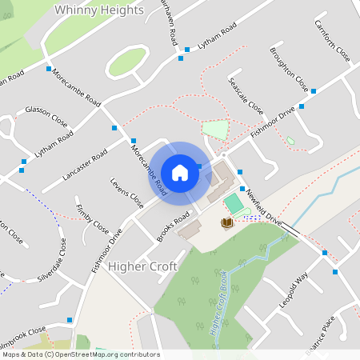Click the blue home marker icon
click(180, 173)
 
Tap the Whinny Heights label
click(100, 10)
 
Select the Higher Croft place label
click(142, 266)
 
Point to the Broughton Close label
click(289, 71)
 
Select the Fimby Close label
click(92, 218)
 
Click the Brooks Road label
click(173, 226)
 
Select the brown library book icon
click(227, 222)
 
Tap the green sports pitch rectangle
click(234, 203)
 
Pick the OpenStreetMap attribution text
click(80, 354)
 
